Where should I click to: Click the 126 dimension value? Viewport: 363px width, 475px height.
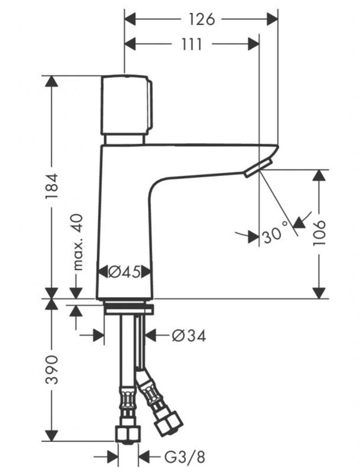(x=202, y=19)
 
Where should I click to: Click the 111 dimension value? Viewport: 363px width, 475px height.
(x=191, y=45)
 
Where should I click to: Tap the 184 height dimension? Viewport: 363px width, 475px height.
(x=51, y=186)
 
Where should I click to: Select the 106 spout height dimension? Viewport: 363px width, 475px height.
(x=319, y=233)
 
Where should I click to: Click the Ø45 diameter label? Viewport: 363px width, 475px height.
(x=124, y=272)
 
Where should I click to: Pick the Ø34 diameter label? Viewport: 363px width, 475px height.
(x=189, y=336)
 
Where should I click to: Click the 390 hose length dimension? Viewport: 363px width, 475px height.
(x=51, y=370)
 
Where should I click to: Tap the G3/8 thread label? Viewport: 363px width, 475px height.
(x=185, y=457)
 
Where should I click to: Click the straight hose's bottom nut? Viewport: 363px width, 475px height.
(x=128, y=433)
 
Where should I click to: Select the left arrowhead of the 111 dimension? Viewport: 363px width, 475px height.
(x=130, y=45)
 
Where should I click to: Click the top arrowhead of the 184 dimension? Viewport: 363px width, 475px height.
(x=51, y=81)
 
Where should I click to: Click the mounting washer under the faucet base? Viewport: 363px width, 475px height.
(x=128, y=309)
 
